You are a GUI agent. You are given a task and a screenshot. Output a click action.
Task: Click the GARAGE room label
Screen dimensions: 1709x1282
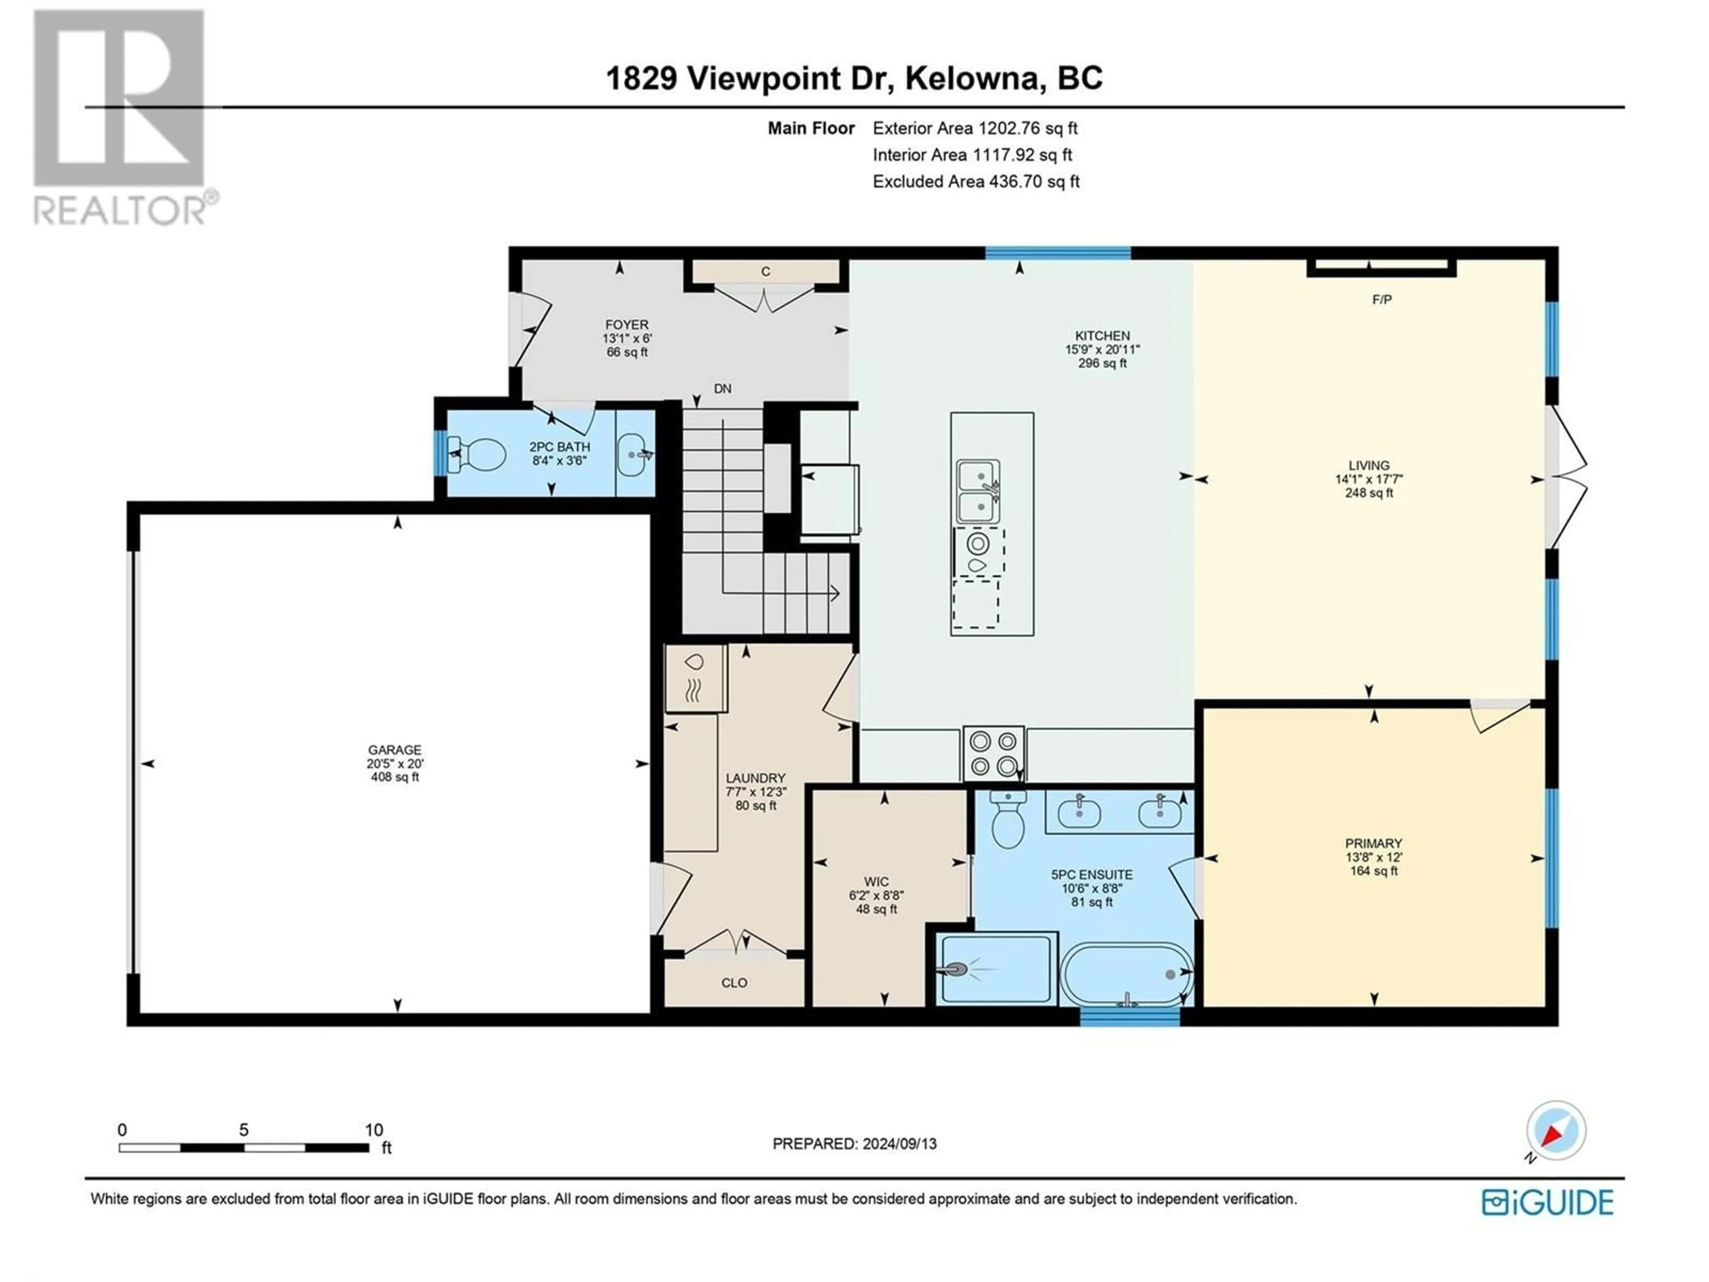(x=395, y=750)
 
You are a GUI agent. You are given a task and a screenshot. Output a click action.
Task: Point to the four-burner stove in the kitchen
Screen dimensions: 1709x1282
(x=993, y=754)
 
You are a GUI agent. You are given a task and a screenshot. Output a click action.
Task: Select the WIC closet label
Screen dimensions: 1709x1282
(x=876, y=882)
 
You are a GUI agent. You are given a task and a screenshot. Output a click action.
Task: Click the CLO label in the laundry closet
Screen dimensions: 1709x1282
(x=734, y=983)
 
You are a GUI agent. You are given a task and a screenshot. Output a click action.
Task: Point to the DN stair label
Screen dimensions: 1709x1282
(x=722, y=389)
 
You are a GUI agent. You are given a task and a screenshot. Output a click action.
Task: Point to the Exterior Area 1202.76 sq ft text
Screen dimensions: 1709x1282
(x=975, y=128)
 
